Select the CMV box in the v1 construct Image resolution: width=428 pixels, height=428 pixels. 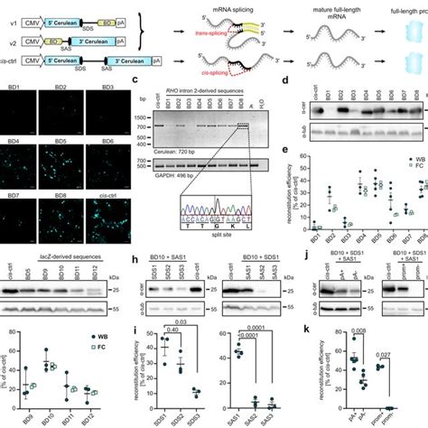point(39,15)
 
